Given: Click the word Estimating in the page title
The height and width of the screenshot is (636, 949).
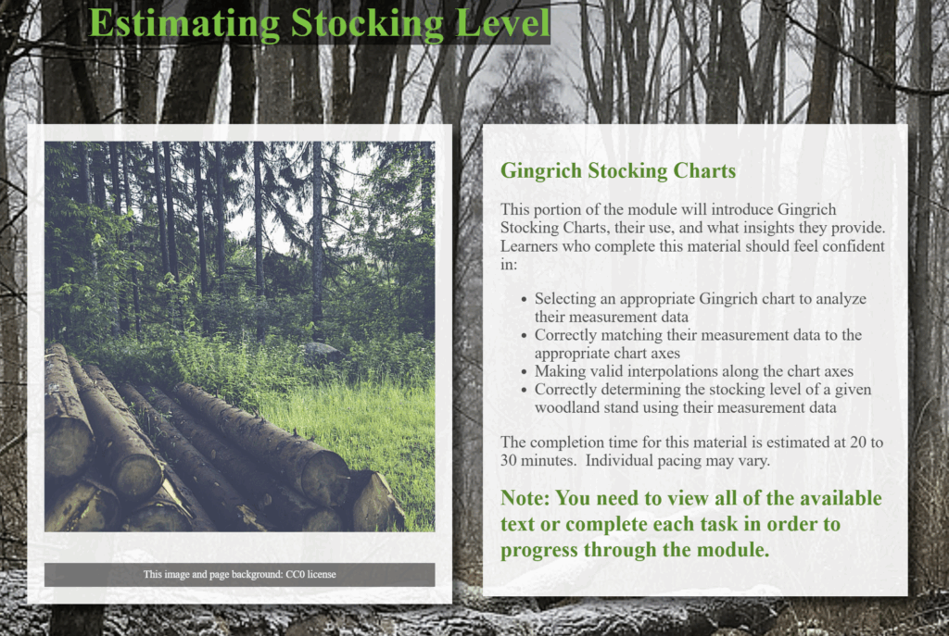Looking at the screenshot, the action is (x=184, y=24).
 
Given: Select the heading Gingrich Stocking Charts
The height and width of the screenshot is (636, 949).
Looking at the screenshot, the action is (x=618, y=171).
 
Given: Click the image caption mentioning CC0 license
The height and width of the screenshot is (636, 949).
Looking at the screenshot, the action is (x=240, y=574).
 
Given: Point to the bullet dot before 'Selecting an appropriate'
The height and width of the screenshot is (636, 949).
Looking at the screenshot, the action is (x=525, y=299).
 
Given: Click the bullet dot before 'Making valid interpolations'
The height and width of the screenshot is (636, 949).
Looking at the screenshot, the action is (x=525, y=372).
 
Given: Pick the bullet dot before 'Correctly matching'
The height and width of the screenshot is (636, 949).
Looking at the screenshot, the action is (x=525, y=335).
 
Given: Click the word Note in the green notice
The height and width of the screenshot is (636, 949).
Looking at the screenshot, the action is (x=525, y=498).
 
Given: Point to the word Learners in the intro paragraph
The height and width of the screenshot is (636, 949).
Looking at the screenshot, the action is (x=529, y=246).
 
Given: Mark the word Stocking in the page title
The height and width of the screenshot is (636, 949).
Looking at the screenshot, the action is (x=367, y=24).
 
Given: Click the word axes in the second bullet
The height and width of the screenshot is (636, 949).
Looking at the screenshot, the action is (x=667, y=354).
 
